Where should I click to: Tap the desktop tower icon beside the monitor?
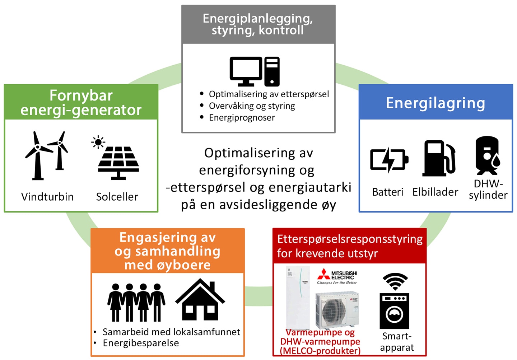click(x=272, y=71)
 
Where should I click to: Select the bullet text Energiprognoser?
click(x=242, y=118)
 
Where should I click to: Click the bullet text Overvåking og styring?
click(x=252, y=106)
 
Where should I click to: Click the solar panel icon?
click(x=118, y=163)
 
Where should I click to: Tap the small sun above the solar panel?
click(x=98, y=142)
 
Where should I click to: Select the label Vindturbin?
click(x=47, y=197)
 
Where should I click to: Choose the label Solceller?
click(x=117, y=197)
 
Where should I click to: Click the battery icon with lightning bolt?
click(x=389, y=160)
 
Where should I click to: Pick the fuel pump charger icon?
click(x=439, y=158)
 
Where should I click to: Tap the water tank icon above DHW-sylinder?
click(x=488, y=155)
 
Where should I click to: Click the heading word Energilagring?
click(x=436, y=103)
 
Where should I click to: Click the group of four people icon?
click(x=136, y=303)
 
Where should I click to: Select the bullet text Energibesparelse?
click(x=141, y=343)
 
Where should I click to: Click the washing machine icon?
click(x=394, y=311)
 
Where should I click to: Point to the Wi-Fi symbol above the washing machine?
click(x=395, y=281)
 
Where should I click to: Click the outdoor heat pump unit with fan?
click(x=337, y=310)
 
